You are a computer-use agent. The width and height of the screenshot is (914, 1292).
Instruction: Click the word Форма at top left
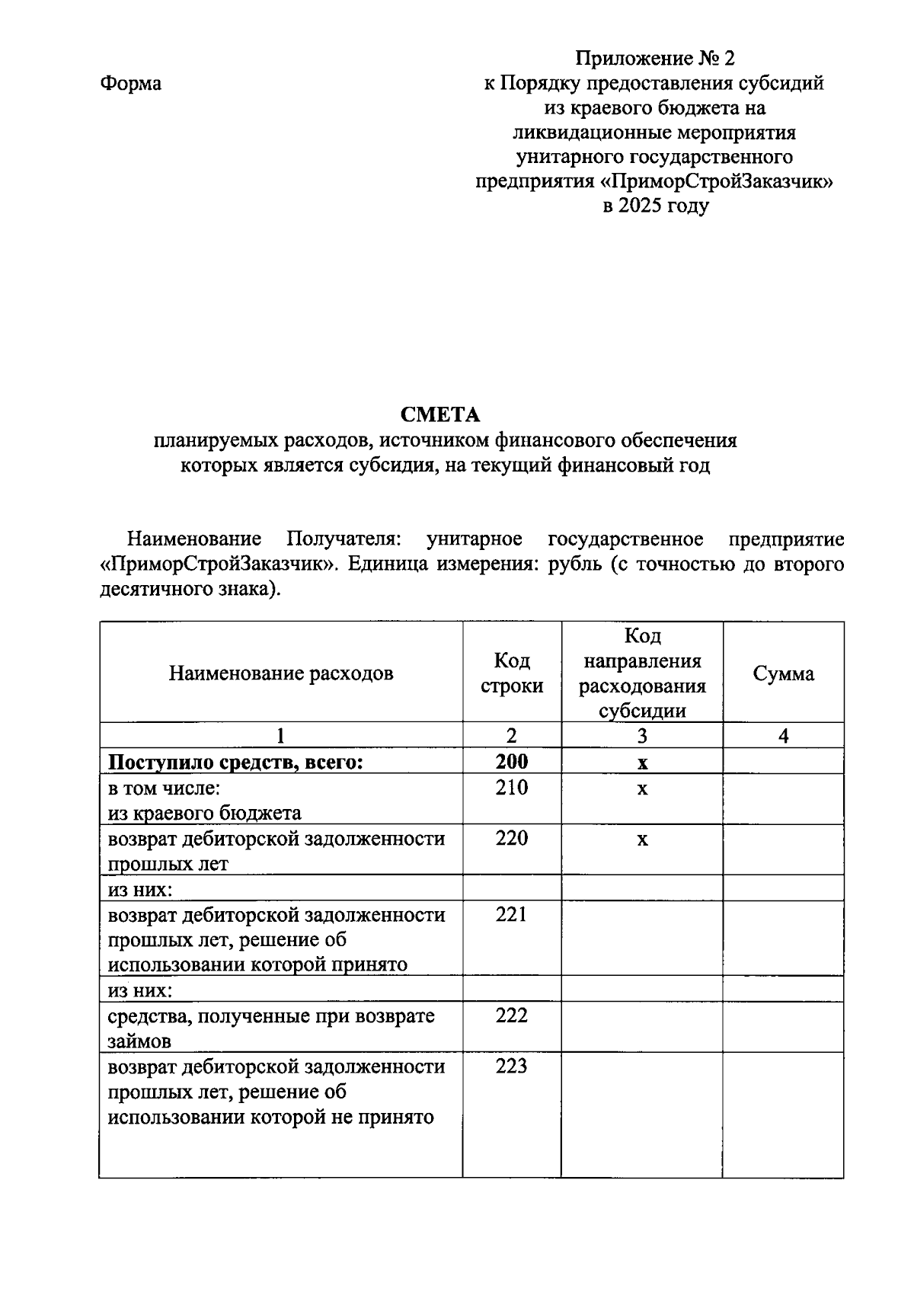[130, 83]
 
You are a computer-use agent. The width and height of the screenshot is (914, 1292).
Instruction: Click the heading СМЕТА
[440, 414]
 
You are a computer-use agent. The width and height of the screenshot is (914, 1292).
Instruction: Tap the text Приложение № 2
[655, 59]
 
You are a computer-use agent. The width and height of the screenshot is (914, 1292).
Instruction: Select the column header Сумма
[783, 673]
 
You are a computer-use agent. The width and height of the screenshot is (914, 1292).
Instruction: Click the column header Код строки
[512, 673]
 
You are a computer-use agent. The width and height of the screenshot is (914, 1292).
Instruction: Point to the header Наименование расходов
[281, 673]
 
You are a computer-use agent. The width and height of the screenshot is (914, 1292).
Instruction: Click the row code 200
[511, 762]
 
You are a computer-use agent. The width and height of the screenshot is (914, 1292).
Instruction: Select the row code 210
[511, 788]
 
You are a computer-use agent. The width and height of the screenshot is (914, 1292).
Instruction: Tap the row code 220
[511, 839]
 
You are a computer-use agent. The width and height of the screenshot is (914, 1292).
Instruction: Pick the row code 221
[511, 914]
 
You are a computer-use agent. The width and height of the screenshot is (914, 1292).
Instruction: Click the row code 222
[511, 1015]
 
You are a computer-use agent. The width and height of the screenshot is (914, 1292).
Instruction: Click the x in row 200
[642, 763]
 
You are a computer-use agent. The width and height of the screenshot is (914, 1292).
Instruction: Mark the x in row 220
[642, 839]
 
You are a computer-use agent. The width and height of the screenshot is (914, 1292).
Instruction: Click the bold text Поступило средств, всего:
[235, 762]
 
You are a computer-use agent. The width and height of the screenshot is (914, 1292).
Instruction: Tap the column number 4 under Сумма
[783, 735]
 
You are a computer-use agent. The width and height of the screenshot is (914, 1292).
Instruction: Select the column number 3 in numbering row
[642, 735]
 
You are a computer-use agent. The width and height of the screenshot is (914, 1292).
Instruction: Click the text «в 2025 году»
[655, 206]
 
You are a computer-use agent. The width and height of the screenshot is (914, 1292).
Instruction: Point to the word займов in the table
[139, 1041]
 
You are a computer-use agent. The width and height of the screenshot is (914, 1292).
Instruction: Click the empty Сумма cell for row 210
[783, 798]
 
